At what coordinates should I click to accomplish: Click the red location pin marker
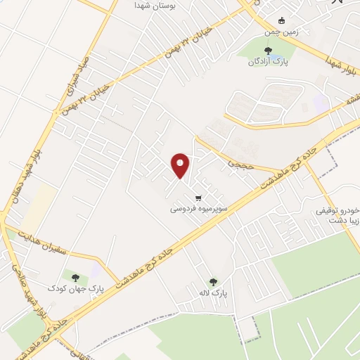[x=180, y=165]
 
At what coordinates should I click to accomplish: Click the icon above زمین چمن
[x=283, y=20]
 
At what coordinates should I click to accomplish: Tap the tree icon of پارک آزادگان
[x=266, y=49]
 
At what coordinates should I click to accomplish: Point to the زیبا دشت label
[x=343, y=220]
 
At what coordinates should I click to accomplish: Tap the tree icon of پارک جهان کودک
[x=75, y=275]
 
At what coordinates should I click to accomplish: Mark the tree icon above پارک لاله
[x=214, y=281]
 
